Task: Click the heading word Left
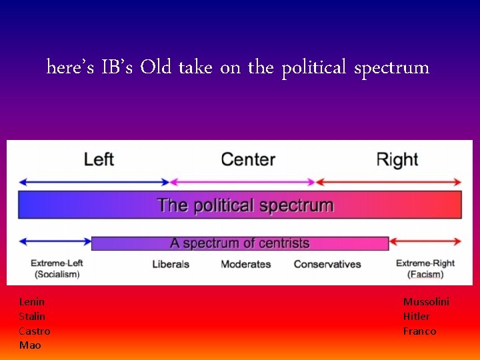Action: pos(99,159)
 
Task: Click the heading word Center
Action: pos(247,159)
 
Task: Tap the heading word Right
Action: pos(397,159)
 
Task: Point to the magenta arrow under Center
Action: pos(243,182)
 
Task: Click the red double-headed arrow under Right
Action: pos(388,182)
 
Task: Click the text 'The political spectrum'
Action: pos(245,205)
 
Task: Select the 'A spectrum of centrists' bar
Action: pos(240,243)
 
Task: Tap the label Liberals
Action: pos(171,264)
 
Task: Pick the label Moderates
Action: pos(246,264)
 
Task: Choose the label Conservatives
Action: pos(327,264)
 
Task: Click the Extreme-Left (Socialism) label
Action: pos(57,269)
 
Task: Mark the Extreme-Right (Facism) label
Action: pos(425,269)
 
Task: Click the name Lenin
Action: pos(31,302)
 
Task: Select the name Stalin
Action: pos(32,317)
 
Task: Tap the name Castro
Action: pos(34,331)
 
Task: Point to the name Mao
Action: pos(30,345)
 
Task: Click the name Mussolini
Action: pos(426,302)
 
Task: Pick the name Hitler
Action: pos(416,317)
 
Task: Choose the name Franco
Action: pos(419,331)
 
